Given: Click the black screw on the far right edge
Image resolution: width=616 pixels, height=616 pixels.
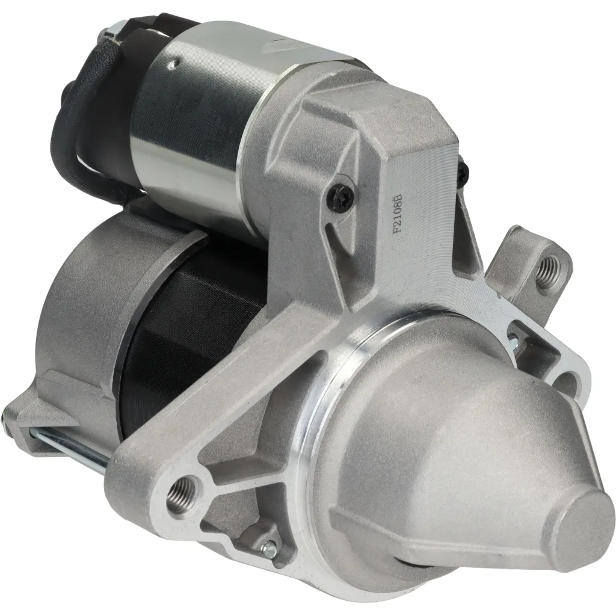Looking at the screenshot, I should [463, 174].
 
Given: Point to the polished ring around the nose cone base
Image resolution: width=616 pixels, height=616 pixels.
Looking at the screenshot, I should [337, 385].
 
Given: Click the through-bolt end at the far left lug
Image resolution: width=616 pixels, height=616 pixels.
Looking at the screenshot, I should [12, 415].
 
